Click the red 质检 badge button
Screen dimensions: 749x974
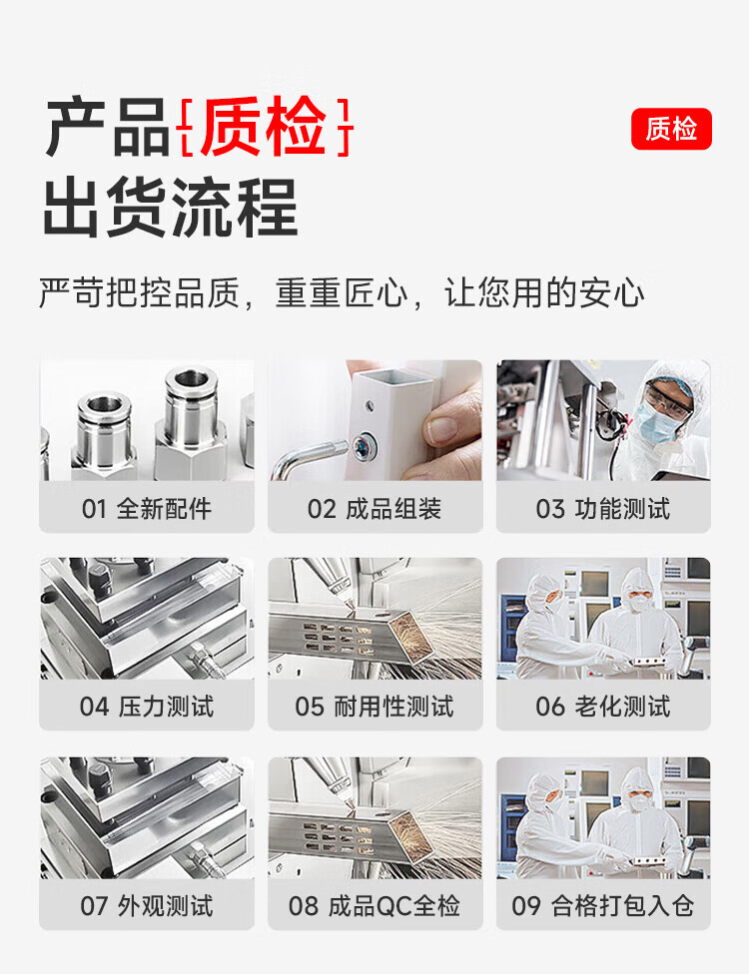click(671, 129)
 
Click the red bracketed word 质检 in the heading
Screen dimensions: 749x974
click(264, 127)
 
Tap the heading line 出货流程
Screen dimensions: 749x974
click(171, 207)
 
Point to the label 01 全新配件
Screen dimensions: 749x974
click(147, 509)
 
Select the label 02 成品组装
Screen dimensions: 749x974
click(374, 509)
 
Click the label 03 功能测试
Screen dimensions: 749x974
click(603, 509)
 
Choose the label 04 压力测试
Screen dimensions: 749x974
click(147, 707)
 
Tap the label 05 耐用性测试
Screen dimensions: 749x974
click(374, 707)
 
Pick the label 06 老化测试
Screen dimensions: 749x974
click(603, 707)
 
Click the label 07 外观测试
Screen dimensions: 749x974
click(147, 906)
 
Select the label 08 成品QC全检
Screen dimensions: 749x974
click(374, 906)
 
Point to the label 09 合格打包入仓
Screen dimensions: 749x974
click(603, 906)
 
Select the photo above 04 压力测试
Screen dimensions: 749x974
click(147, 618)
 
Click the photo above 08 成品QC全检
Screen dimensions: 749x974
click(374, 817)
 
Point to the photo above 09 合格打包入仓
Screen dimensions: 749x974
click(603, 817)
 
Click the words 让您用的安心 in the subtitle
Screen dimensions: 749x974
click(544, 292)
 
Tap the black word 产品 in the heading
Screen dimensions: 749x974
click(108, 127)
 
